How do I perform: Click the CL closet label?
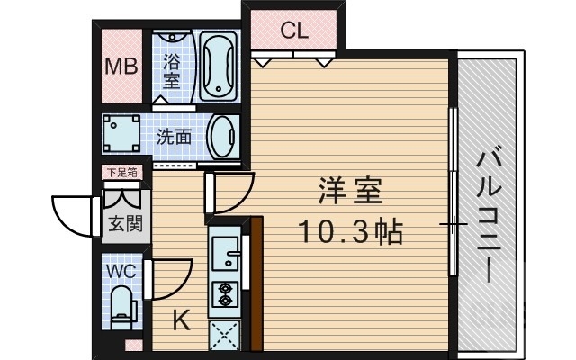pyautogui.click(x=293, y=31)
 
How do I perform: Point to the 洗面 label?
pyautogui.click(x=175, y=138)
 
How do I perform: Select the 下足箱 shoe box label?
pyautogui.click(x=120, y=173)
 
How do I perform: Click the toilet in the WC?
pyautogui.click(x=121, y=306)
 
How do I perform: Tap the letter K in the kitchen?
pyautogui.click(x=180, y=319)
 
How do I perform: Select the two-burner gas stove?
pyautogui.click(x=222, y=293)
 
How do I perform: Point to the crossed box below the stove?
pyautogui.click(x=222, y=333)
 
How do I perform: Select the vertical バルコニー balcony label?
pyautogui.click(x=490, y=212)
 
